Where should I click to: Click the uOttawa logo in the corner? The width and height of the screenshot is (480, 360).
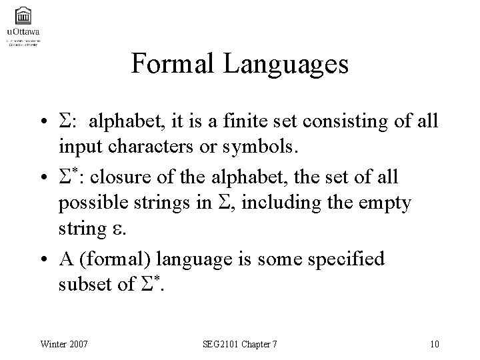[x=23, y=24]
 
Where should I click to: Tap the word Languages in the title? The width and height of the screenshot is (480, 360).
[x=287, y=64]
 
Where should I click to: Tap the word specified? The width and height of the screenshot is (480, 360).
[x=349, y=259]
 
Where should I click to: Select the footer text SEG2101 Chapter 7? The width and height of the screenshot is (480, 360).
[x=240, y=343]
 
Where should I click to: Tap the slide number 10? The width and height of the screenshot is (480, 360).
[x=435, y=343]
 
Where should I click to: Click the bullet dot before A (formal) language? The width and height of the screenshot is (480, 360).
[x=43, y=259]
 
